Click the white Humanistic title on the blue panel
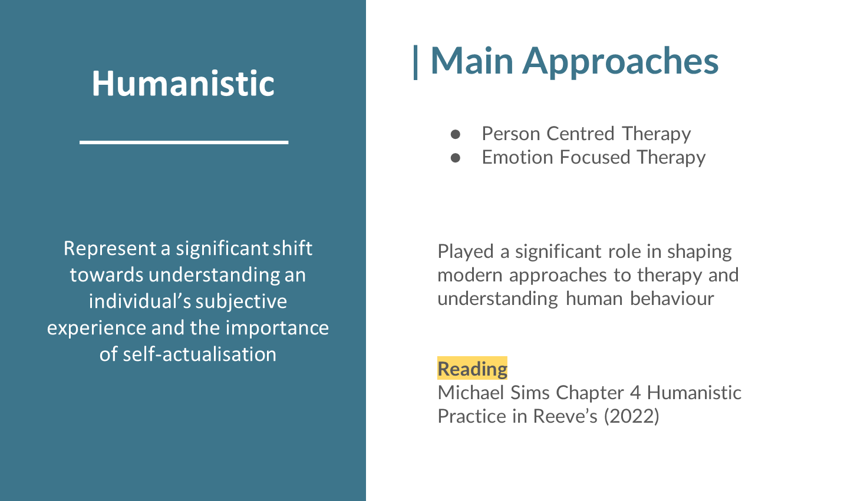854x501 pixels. (183, 84)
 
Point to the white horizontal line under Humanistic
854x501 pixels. (184, 142)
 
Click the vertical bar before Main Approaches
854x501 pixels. (416, 62)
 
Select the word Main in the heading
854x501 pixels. (472, 61)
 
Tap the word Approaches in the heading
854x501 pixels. (620, 62)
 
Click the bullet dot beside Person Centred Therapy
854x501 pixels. (455, 134)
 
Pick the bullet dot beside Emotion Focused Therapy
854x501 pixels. (455, 158)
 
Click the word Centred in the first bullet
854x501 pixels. (581, 134)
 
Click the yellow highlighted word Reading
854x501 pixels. (472, 369)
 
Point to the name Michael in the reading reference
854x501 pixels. (471, 393)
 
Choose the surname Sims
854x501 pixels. (530, 393)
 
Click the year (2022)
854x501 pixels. (631, 416)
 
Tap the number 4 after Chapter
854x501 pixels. (635, 393)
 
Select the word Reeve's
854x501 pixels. (565, 416)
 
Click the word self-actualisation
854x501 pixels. (199, 354)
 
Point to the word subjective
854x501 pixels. (241, 302)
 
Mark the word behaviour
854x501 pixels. (672, 298)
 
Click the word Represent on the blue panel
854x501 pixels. (110, 249)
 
